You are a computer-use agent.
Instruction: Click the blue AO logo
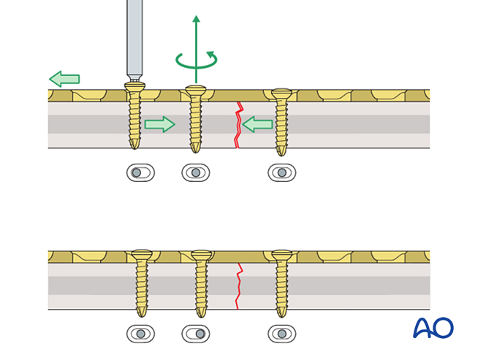tap(433, 328)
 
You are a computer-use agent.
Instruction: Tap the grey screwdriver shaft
tap(134, 37)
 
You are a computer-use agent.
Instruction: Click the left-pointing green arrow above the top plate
tap(64, 79)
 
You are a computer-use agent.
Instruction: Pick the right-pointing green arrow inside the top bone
tap(159, 124)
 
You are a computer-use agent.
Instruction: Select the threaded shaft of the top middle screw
tap(195, 124)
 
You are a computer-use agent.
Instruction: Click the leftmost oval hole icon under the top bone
tap(140, 173)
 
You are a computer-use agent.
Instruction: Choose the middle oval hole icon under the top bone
tap(195, 173)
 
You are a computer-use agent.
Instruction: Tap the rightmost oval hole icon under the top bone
tap(281, 173)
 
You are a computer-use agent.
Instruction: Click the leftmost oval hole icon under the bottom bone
tap(140, 334)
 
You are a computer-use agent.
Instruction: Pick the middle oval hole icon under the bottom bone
tap(195, 334)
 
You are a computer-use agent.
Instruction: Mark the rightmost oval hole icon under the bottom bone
tap(281, 334)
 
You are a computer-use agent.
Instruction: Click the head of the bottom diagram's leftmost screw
tap(141, 255)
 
